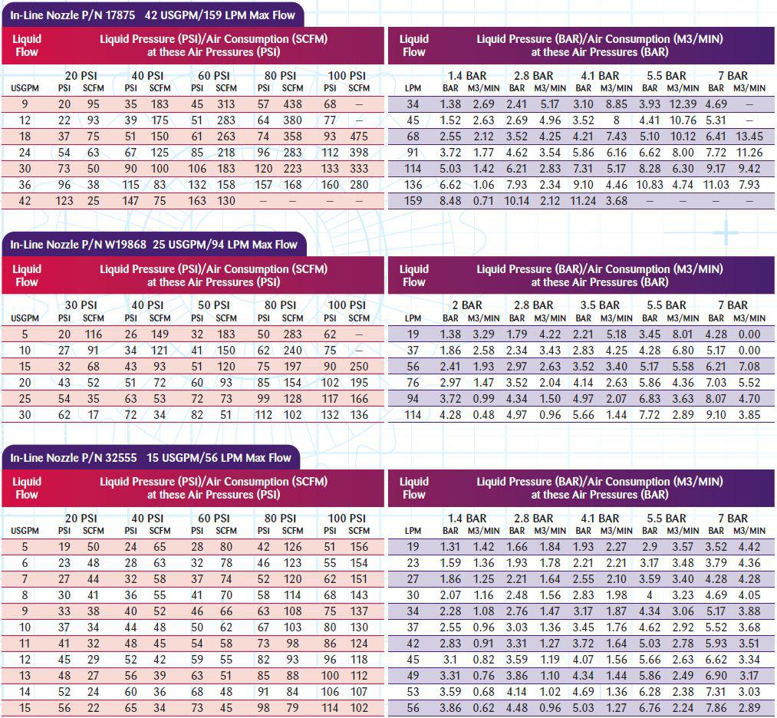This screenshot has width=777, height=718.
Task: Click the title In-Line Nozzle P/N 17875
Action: click(72, 15)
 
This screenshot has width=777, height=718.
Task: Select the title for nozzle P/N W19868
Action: click(78, 244)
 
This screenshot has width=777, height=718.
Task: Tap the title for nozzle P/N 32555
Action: click(74, 457)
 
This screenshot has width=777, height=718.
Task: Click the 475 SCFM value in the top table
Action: click(359, 137)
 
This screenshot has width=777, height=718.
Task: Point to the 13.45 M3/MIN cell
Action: click(749, 137)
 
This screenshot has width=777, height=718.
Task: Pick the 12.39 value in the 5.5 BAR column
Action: click(683, 104)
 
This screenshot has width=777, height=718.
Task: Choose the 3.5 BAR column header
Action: click(600, 305)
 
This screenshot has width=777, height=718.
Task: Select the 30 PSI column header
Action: click(81, 305)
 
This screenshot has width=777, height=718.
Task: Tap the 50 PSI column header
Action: click(213, 305)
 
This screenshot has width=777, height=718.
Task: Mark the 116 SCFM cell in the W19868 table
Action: click(93, 334)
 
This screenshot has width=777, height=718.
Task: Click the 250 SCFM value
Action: click(359, 367)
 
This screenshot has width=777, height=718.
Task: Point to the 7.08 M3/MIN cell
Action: click(749, 367)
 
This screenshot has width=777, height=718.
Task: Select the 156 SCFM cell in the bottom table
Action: click(359, 547)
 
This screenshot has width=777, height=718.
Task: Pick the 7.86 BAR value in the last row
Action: click(716, 708)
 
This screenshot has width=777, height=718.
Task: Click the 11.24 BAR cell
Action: click(583, 201)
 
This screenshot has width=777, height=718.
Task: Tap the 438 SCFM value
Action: click(292, 104)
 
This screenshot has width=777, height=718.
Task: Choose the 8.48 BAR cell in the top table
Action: click(450, 201)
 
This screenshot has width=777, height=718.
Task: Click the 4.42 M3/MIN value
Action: click(749, 547)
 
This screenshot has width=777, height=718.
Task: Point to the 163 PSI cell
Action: click(196, 201)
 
